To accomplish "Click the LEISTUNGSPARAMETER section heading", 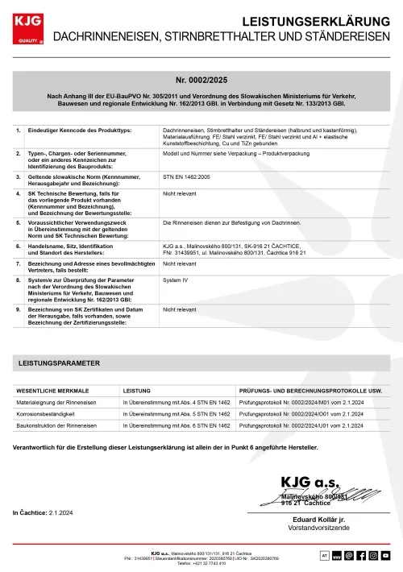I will (60, 363).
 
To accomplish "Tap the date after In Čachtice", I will (61, 512).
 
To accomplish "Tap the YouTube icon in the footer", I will (386, 555).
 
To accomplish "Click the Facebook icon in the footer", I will (360, 555).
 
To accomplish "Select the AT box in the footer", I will (324, 555).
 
